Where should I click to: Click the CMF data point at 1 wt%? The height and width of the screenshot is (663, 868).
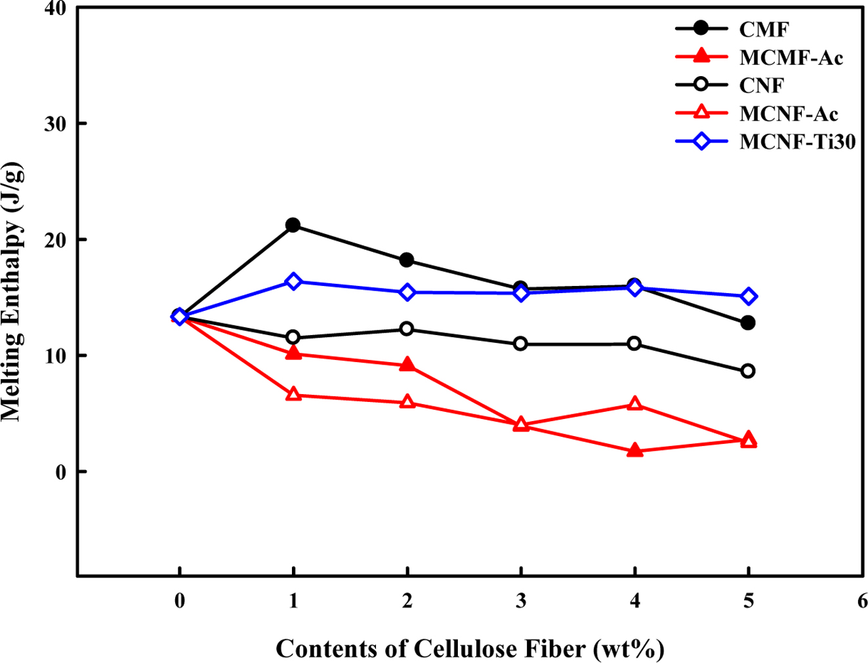pos(293,225)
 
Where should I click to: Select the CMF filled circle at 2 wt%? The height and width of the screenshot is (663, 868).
pos(407,260)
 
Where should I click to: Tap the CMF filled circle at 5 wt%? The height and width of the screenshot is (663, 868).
pos(748,323)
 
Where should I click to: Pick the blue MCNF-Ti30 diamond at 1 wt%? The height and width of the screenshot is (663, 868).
pos(293,281)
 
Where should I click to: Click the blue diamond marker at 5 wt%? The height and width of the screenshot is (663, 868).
pos(748,296)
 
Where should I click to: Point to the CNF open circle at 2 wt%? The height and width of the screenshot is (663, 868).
pos(407,329)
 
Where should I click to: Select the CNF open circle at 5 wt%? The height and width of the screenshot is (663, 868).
pos(748,371)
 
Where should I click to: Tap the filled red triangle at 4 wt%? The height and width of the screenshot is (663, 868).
pos(634,451)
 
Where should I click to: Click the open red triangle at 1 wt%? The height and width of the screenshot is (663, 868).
pos(293,395)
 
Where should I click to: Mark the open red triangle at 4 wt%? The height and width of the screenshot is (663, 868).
pos(634,404)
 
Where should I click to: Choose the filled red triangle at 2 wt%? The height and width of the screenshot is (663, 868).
pos(407,365)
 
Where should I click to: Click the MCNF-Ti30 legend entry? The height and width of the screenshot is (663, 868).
pos(797,142)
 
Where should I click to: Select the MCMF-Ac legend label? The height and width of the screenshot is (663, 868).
pos(791,58)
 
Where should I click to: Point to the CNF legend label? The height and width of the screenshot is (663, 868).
pos(762,85)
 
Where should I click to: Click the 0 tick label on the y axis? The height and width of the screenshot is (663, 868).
pos(62,472)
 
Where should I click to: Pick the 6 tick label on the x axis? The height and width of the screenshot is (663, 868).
pos(861,601)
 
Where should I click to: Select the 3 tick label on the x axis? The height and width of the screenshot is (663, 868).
pos(521,601)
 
